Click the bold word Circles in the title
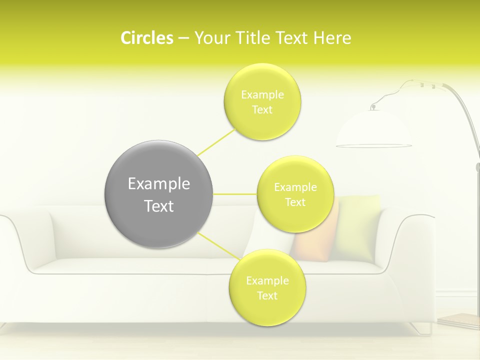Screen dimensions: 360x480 (146, 38)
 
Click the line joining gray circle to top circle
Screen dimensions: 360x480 (217, 141)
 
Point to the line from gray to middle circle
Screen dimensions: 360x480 (234, 193)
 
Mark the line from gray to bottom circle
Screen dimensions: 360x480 (218, 245)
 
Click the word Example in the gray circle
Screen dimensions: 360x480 (158, 184)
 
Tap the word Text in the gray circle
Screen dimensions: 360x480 (158, 206)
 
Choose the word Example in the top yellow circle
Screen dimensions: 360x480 (262, 94)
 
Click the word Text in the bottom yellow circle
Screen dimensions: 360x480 (267, 295)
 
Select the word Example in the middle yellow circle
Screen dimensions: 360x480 (295, 187)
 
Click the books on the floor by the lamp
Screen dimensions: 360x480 (460, 320)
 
